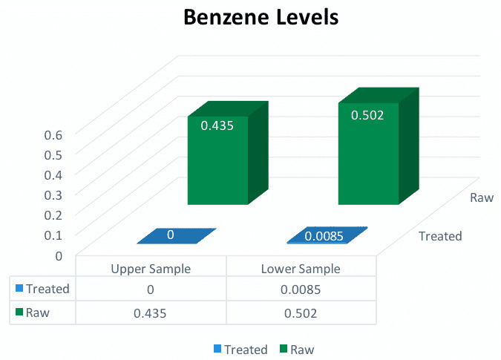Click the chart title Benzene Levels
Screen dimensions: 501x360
pyautogui.click(x=261, y=17)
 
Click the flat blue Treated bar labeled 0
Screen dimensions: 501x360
pyautogui.click(x=177, y=236)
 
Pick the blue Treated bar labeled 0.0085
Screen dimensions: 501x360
pyautogui.click(x=327, y=235)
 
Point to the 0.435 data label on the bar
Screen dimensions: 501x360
pyautogui.click(x=217, y=125)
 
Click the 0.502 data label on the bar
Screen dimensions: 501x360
pyautogui.click(x=367, y=115)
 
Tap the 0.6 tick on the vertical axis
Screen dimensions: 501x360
pyautogui.click(x=53, y=135)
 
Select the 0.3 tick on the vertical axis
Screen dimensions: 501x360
pyautogui.click(x=53, y=195)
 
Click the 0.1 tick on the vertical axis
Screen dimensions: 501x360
pyautogui.click(x=53, y=235)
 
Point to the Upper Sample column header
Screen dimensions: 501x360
pyautogui.click(x=151, y=269)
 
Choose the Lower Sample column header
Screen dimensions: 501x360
pyautogui.click(x=301, y=269)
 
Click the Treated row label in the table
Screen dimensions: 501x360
pyautogui.click(x=48, y=289)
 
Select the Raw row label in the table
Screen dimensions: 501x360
pyautogui.click(x=38, y=312)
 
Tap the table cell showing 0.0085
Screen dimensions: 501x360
pyautogui.click(x=301, y=289)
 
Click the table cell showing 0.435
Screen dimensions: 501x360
pyautogui.click(x=150, y=313)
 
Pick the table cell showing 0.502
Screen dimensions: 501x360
pyautogui.click(x=301, y=313)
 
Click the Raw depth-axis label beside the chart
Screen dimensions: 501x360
pyautogui.click(x=482, y=197)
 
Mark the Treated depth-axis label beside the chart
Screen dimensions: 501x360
pyautogui.click(x=440, y=236)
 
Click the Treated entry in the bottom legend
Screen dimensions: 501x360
pyautogui.click(x=240, y=350)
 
